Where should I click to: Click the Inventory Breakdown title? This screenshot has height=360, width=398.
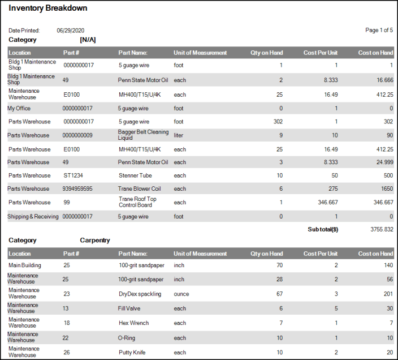point(48,8)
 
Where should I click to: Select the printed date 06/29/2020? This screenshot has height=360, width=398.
point(71,31)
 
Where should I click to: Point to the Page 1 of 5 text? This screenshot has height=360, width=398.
point(379,31)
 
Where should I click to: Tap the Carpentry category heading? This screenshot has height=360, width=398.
point(95,240)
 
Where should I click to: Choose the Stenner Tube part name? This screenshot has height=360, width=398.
point(135,175)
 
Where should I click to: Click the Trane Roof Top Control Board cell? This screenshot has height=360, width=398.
point(137,202)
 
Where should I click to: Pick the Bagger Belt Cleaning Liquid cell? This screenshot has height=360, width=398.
point(143,135)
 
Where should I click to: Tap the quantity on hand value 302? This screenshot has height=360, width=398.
point(278,122)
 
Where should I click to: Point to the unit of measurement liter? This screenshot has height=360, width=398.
point(179,135)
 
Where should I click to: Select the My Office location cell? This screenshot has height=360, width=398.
point(19,108)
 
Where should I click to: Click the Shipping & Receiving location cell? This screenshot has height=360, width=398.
point(33,216)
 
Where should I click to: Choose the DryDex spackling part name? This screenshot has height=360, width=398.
point(140,294)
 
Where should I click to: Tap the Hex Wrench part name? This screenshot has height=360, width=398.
point(133,323)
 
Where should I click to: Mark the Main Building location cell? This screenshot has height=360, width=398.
point(25,265)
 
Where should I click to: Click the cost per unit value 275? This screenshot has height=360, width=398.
point(331,189)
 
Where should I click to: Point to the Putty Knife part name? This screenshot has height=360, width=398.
point(132,352)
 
